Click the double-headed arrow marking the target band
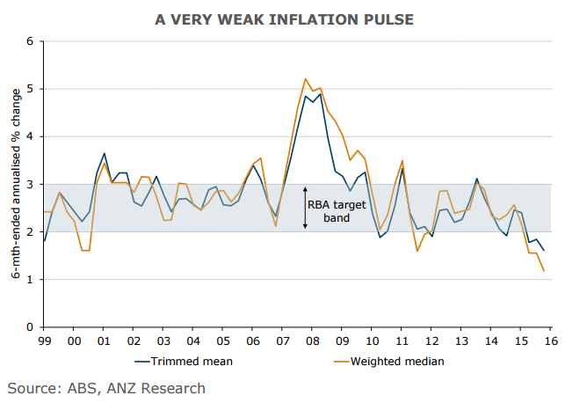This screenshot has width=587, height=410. (x=305, y=208)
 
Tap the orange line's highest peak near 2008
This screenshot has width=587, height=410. (x=305, y=79)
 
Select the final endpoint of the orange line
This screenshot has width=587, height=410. (x=543, y=270)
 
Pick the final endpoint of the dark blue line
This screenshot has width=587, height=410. (x=543, y=251)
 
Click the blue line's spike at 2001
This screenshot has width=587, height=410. (x=105, y=153)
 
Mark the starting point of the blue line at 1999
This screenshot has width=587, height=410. (x=44, y=241)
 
